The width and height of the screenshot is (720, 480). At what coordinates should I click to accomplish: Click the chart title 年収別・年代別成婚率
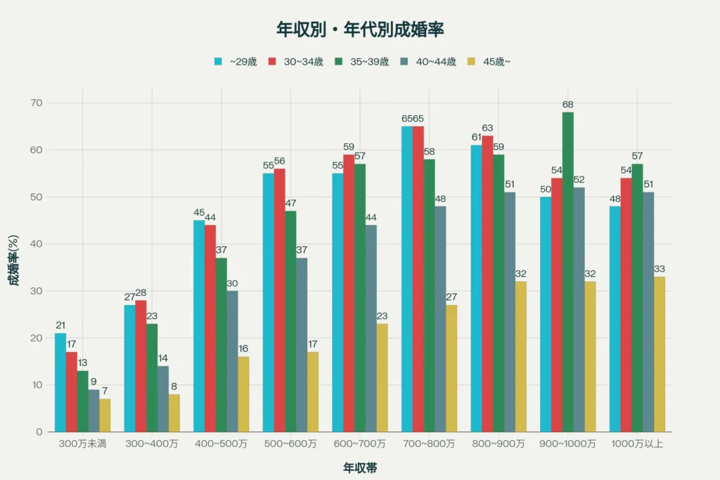(x=359, y=30)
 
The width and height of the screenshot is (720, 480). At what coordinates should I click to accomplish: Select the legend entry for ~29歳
(x=236, y=62)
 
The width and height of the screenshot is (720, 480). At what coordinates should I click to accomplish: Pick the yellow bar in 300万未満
(x=105, y=415)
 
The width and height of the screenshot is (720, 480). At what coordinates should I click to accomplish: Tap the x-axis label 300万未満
(x=83, y=444)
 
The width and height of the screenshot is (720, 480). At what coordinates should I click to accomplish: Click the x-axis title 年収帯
(x=359, y=467)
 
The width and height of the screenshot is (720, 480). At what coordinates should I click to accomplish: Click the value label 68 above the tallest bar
(x=567, y=105)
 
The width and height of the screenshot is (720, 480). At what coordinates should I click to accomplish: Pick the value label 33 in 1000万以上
(x=660, y=269)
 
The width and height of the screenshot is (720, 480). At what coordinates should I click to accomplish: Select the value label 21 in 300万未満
(x=60, y=325)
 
